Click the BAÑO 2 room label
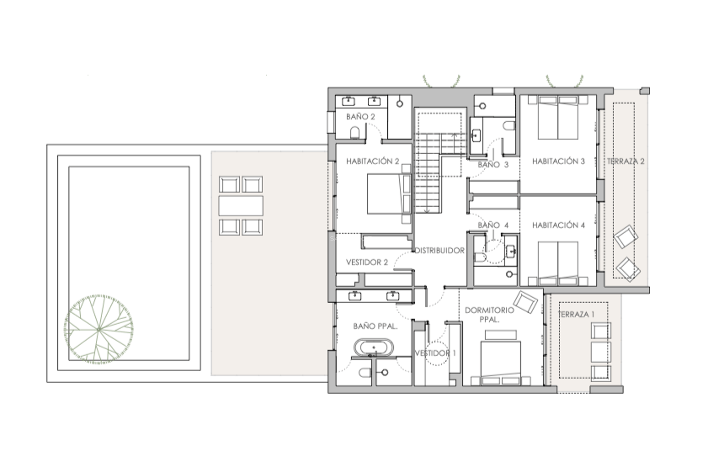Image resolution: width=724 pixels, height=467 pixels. click(x=360, y=117)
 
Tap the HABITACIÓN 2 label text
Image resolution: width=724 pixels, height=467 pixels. click(x=373, y=161)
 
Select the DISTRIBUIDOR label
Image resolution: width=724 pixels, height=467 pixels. click(x=440, y=251)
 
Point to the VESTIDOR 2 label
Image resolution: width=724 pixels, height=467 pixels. click(x=367, y=262)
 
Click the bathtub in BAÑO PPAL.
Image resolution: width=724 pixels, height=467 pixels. click(x=373, y=348)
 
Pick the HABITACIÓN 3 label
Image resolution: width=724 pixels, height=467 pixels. click(x=558, y=161)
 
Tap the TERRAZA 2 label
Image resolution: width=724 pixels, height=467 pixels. click(x=626, y=161)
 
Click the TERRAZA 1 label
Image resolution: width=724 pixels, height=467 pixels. click(x=576, y=314)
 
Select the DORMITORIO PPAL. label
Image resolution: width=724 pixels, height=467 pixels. click(x=489, y=314)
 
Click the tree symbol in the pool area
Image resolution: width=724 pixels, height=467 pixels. click(x=99, y=329)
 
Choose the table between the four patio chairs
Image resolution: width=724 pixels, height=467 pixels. click(x=241, y=206)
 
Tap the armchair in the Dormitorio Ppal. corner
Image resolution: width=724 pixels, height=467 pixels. click(x=525, y=302)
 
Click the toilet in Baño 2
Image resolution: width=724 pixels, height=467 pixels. click(x=355, y=133)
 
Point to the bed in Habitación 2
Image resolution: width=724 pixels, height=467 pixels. click(x=388, y=194)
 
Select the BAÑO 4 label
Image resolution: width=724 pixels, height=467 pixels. click(x=493, y=225)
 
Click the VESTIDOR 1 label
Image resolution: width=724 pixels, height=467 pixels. click(x=435, y=353)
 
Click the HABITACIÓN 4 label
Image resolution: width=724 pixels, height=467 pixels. click(x=558, y=225)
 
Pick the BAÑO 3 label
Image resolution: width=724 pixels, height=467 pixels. click(x=493, y=165)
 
